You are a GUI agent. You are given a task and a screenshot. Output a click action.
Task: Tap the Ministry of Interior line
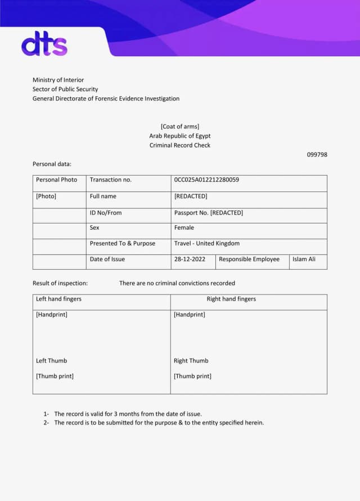point(58,80)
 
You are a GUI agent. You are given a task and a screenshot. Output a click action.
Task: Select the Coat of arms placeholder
point(179,127)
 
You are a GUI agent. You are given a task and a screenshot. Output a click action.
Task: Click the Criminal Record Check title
point(179,145)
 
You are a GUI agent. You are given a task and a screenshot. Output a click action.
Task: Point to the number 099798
point(317,155)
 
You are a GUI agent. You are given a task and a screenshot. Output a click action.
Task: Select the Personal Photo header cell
point(56,180)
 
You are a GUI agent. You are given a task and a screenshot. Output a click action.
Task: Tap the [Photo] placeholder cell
point(46,196)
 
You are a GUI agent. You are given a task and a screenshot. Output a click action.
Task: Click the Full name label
point(103,196)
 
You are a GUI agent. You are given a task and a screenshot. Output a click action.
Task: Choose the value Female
point(184,228)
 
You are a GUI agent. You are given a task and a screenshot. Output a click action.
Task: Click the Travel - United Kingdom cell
point(206,244)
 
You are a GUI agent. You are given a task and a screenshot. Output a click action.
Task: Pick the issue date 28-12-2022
point(190,260)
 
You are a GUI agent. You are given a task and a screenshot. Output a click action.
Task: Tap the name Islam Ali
point(304,260)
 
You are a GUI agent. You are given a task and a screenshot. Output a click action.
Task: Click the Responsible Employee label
point(249,260)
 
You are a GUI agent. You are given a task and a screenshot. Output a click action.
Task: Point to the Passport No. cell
point(208,213)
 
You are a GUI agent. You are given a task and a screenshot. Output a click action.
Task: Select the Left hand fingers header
point(58,299)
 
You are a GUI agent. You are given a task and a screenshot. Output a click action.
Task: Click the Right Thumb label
point(191,361)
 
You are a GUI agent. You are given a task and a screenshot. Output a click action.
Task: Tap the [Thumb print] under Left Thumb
point(55,376)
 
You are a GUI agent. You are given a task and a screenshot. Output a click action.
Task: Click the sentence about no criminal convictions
point(177,283)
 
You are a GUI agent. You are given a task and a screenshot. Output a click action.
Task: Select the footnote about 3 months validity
point(128,414)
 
